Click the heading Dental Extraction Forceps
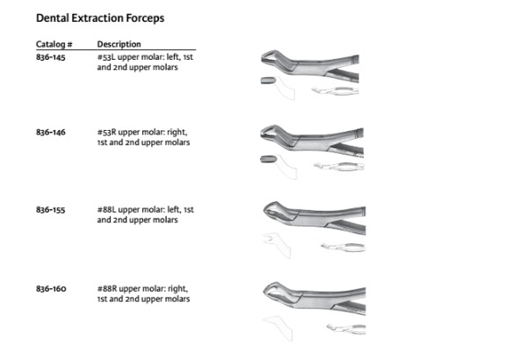100,18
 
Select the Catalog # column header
54,44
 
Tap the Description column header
119,44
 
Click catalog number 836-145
51,57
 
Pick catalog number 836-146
51,133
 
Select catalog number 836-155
51,210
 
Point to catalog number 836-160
51,289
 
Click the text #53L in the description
106,57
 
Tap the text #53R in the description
106,133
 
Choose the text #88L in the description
106,210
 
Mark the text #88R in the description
107,289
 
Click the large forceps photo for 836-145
310,67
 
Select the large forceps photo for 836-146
312,141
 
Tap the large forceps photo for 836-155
314,218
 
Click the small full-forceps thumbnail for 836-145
335,91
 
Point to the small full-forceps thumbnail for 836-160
346,328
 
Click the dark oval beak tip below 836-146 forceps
268,159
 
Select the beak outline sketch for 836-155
277,245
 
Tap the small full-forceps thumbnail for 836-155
343,248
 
